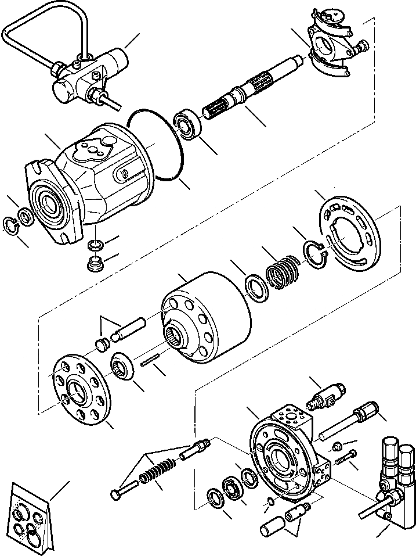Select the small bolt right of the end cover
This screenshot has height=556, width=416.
coord(343,460)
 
